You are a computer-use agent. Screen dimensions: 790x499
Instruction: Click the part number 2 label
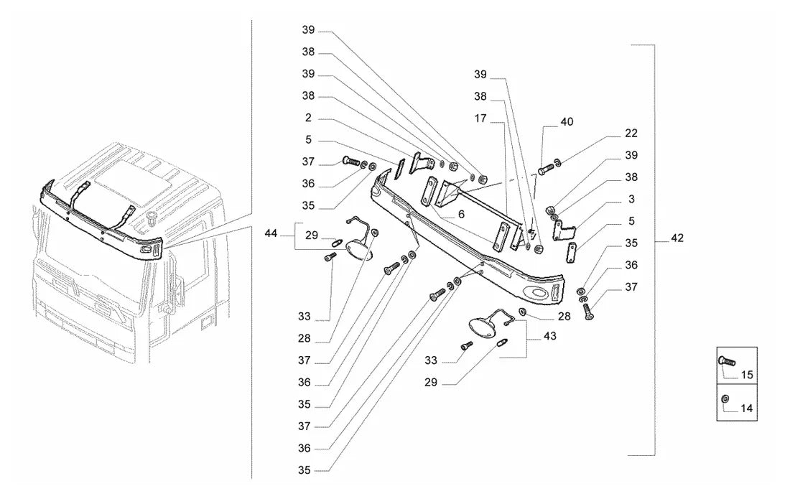pos(308,118)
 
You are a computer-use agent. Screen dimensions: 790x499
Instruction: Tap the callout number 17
pos(480,118)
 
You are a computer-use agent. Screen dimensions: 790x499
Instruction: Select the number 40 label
pos(567,122)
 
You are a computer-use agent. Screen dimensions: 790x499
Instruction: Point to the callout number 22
pos(631,134)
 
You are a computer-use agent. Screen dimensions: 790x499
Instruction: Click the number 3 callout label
pos(631,200)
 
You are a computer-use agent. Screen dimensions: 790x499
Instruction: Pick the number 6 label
pos(461,215)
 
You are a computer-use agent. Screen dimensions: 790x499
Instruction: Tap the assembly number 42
pos(677,238)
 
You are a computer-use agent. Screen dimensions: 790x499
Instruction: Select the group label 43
pos(549,336)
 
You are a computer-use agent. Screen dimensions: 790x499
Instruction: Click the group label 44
pos(271,233)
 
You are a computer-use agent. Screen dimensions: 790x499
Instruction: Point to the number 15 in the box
pos(747,375)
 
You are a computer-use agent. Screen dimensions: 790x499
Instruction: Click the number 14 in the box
pos(747,409)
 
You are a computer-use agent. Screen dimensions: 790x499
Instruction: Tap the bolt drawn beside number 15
pos(727,360)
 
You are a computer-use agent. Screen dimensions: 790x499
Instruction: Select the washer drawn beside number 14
pos(725,398)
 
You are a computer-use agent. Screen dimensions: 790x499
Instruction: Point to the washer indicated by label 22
pos(558,162)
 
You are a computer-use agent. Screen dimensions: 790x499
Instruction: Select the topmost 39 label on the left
pos(308,30)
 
